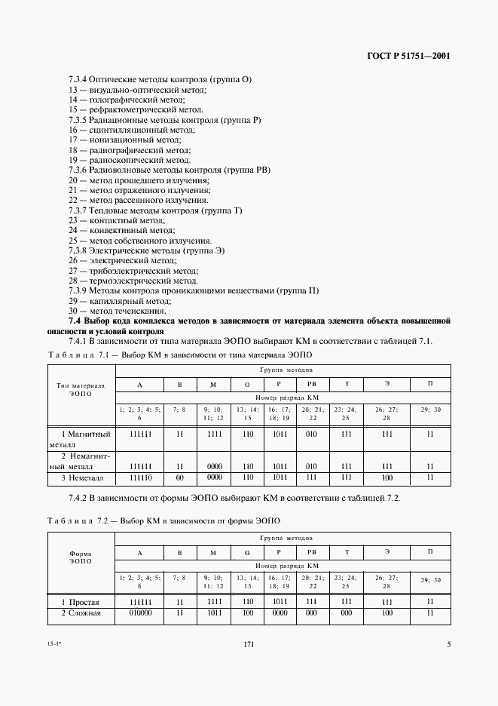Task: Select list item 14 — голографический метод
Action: (x=126, y=100)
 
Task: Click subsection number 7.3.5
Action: (x=78, y=120)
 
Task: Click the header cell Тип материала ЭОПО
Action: (x=81, y=388)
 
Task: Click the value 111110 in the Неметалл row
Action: (x=140, y=477)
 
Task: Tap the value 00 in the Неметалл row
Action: (x=180, y=477)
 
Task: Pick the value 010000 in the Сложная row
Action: (x=140, y=613)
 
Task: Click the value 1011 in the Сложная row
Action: (x=213, y=613)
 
